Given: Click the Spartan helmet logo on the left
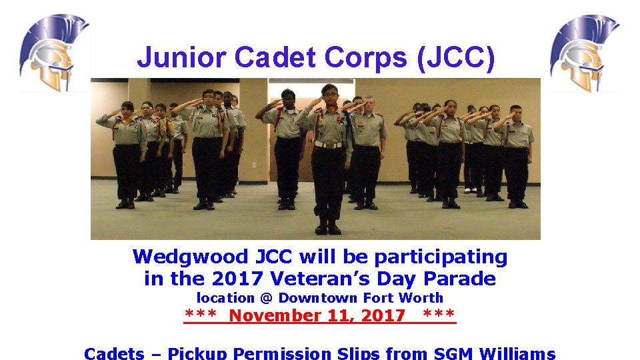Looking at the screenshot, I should [x=53, y=53].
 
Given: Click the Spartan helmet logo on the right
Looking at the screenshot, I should [x=584, y=53].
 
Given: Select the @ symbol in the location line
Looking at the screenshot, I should [x=266, y=298].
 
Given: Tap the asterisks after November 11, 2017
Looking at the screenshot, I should [x=439, y=315].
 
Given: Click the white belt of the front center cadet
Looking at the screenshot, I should [x=328, y=144].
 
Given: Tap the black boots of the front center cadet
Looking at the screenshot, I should [x=328, y=227].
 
